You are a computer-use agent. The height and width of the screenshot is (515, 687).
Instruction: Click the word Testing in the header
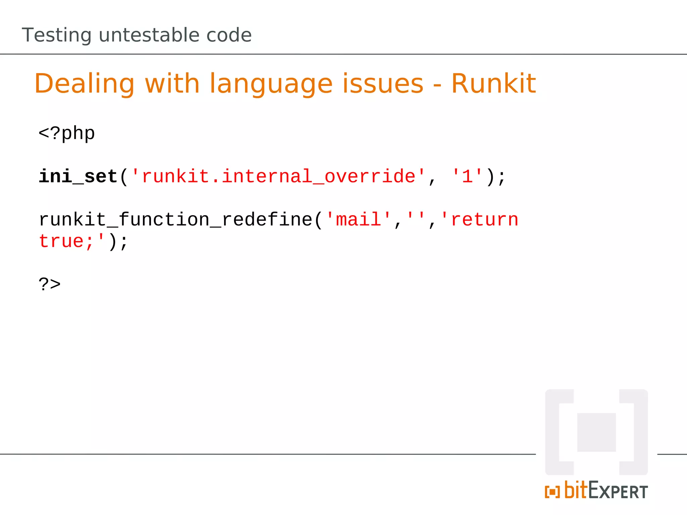tap(56, 36)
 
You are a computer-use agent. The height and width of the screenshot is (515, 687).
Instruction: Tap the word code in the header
tap(229, 35)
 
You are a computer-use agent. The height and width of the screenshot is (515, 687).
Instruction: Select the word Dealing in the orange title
tap(84, 84)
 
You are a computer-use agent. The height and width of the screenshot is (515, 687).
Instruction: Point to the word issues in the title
tap(383, 84)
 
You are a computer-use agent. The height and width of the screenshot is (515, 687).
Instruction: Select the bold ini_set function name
tap(78, 176)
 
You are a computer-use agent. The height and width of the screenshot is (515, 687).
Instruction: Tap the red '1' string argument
tap(467, 176)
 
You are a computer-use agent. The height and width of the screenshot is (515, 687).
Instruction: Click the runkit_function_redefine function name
tap(176, 220)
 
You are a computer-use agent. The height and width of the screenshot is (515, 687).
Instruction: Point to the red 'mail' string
tap(359, 220)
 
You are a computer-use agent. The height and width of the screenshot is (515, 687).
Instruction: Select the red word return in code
tap(484, 220)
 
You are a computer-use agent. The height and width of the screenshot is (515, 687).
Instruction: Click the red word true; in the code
tap(66, 241)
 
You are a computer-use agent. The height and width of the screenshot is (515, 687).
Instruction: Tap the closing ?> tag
tap(50, 284)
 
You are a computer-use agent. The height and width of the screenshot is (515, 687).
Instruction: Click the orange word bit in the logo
tap(576, 490)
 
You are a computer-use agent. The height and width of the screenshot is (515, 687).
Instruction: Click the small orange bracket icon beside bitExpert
tap(552, 492)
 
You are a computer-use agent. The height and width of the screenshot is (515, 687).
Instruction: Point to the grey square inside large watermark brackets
tap(596, 432)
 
